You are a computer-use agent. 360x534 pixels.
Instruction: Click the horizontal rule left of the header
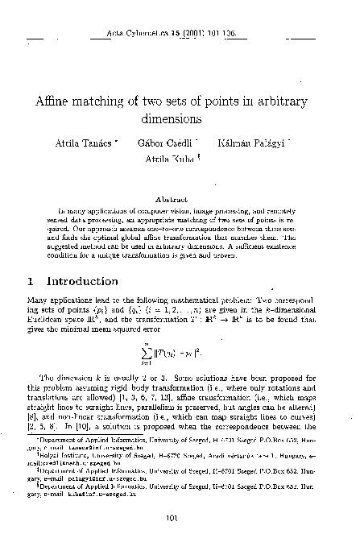(x=38, y=38)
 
